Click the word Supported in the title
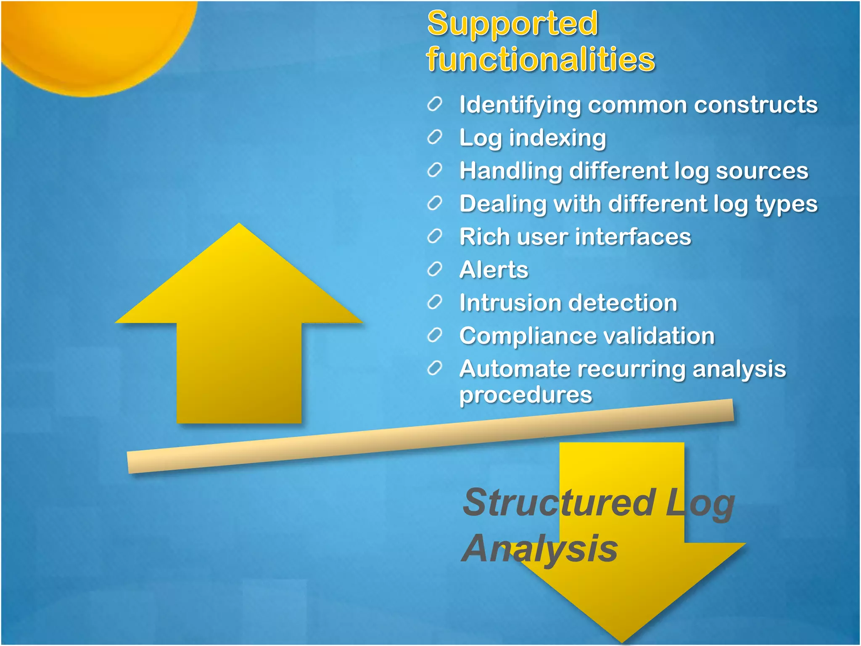point(512,24)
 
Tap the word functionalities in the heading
point(541,59)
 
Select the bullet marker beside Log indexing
point(435,137)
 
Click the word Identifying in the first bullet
point(520,105)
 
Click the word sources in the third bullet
point(762,171)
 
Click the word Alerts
point(494,270)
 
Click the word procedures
point(526,395)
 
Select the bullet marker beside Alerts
point(435,269)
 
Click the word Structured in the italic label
point(559,503)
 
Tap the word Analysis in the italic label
point(540,549)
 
